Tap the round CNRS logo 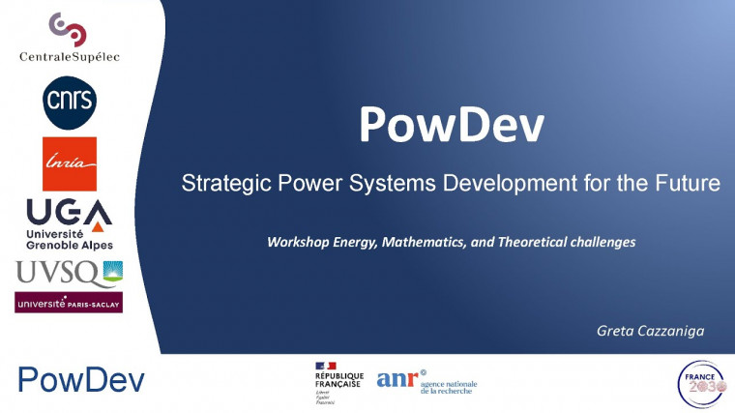pos(70,101)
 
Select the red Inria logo pos(70,163)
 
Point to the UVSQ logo pos(69,274)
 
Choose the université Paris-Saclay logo pos(69,303)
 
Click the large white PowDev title pos(451,125)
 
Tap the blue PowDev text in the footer pos(81,380)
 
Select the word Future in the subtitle pos(688,183)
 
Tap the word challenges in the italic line pos(601,242)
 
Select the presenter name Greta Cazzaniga pos(651,332)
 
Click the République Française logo pos(338,382)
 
